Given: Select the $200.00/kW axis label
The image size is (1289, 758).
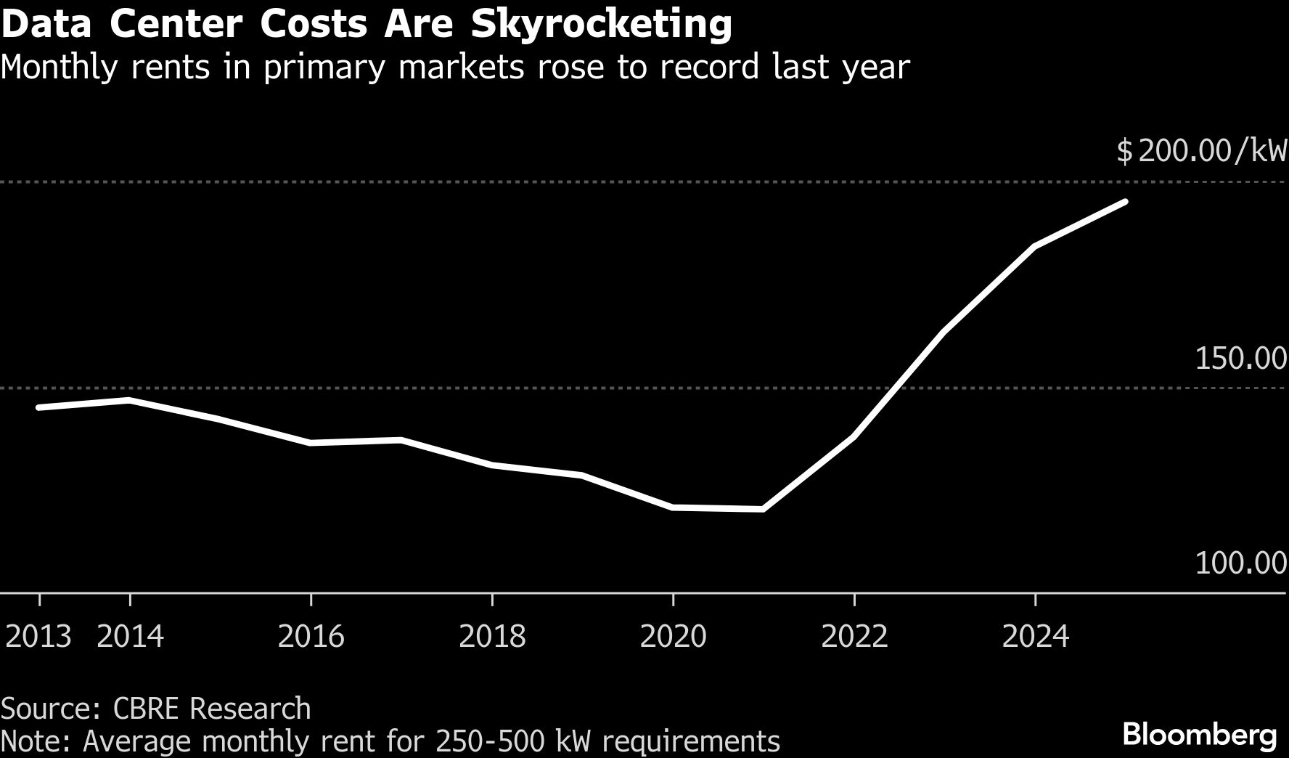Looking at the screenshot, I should pos(1201,152).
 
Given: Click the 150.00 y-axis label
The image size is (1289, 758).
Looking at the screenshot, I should pos(1240,358).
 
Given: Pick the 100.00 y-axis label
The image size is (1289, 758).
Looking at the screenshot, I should pos(1240,563).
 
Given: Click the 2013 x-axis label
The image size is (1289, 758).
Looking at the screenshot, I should pos(38,637).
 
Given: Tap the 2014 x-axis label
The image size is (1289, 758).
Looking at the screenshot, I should pos(131,637).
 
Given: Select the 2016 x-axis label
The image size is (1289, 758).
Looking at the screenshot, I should pos(311,637).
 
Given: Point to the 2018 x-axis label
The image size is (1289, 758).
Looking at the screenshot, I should pos(493,637).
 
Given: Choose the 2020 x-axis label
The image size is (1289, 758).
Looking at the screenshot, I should pos(674,637).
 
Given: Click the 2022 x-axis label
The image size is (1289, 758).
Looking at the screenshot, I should pos(854,637).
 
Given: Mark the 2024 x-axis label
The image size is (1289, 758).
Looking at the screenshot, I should pos(1036,637).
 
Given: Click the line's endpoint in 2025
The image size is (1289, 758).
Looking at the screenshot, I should pos(1126,202).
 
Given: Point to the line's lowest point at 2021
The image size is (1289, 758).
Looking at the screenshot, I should pos(763,509).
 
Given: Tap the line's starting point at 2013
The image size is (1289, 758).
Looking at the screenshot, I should pos(38,407).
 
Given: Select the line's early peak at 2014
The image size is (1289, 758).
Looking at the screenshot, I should pos(130,399).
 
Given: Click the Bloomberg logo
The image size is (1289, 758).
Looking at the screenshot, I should pos(1200,735).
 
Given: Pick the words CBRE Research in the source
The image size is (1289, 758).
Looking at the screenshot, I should pos(212,708).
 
